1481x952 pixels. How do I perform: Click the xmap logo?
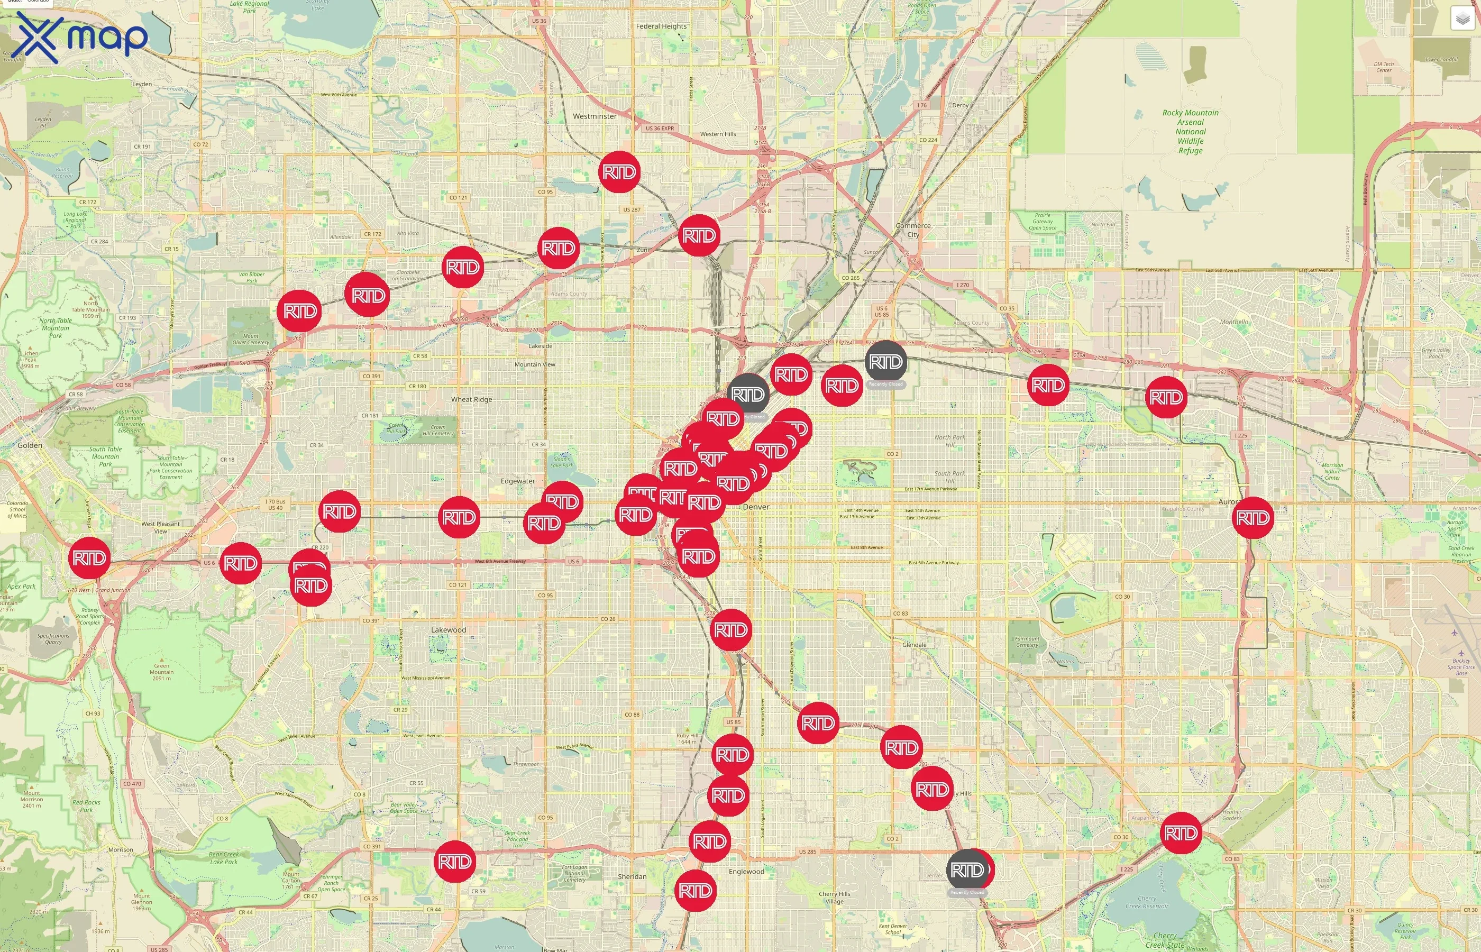click(x=80, y=37)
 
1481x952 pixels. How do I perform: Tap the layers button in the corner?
click(x=1462, y=19)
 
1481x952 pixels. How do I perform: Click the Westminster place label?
click(x=594, y=116)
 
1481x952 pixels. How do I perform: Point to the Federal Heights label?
click(x=661, y=26)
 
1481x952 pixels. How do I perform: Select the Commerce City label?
click(x=913, y=230)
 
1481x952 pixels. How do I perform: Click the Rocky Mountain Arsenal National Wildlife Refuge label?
click(x=1191, y=131)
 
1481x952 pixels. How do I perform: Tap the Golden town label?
click(x=30, y=445)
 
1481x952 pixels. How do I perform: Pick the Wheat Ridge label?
click(x=472, y=399)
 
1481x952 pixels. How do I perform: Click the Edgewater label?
click(x=517, y=481)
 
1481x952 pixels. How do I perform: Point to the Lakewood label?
click(x=448, y=630)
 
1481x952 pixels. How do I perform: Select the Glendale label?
click(x=914, y=645)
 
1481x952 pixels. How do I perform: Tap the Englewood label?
click(x=746, y=872)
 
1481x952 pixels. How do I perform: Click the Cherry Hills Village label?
click(x=835, y=898)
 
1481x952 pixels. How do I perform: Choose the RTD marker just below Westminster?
click(x=619, y=172)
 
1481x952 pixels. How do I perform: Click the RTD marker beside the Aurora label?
click(x=1253, y=517)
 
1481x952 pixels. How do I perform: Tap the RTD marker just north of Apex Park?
click(x=89, y=558)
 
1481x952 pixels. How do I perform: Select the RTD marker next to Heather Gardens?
click(x=1181, y=832)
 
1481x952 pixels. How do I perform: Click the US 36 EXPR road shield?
click(x=660, y=129)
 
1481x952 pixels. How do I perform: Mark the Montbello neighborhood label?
click(x=1234, y=322)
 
